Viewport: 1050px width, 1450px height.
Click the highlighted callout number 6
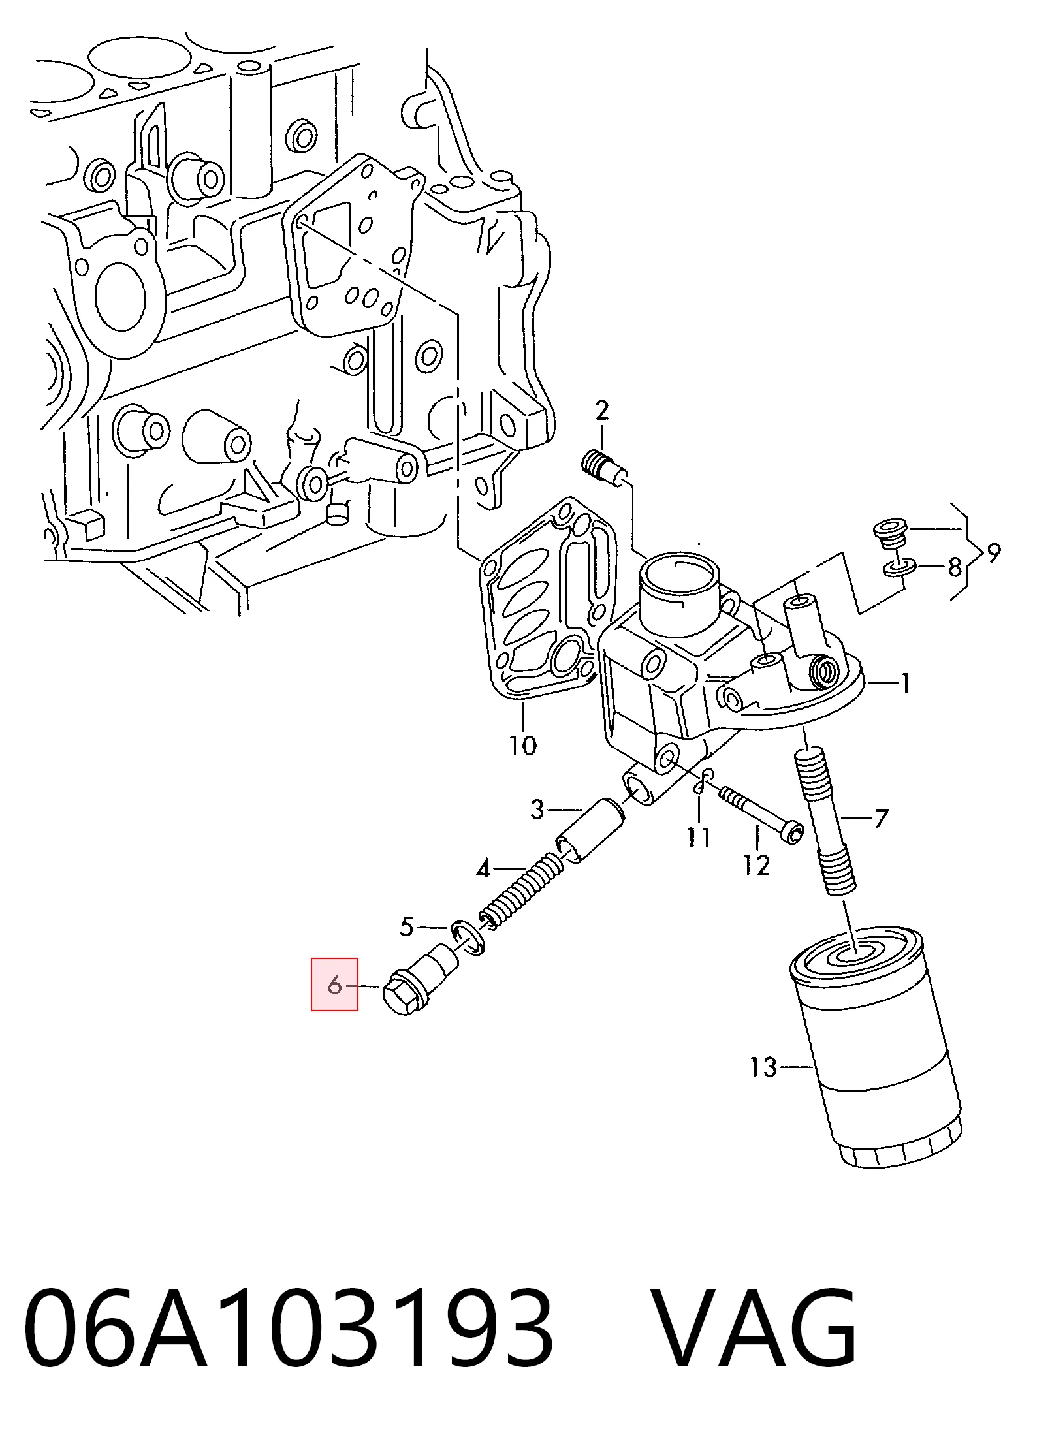point(334,985)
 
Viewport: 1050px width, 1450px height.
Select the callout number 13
point(763,1067)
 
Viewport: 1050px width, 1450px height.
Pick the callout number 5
point(407,926)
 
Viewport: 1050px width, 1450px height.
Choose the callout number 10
point(522,745)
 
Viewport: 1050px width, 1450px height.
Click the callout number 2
point(601,410)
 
